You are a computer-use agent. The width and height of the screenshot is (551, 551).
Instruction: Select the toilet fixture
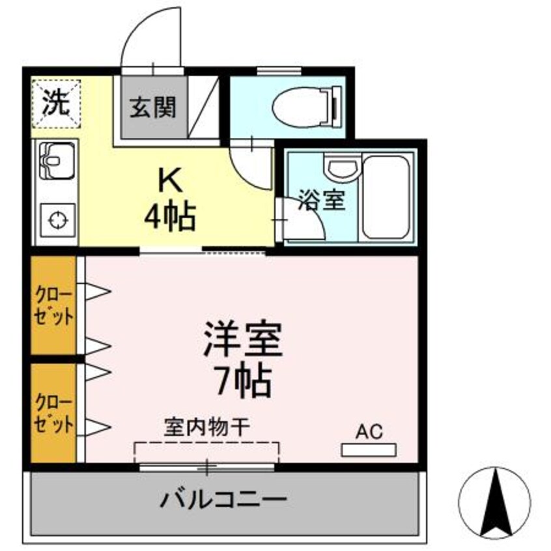tap(305, 106)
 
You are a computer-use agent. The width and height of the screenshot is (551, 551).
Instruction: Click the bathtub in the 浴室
tap(386, 197)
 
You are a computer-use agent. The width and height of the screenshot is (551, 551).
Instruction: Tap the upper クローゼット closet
tap(55, 306)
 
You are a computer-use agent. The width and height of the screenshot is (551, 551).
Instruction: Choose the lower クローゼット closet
tap(55, 414)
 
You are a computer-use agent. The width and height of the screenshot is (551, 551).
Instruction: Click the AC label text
tap(369, 431)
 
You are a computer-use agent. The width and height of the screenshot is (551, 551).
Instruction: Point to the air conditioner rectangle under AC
tap(369, 449)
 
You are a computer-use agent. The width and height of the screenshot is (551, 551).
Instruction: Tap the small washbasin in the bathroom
tap(343, 170)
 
